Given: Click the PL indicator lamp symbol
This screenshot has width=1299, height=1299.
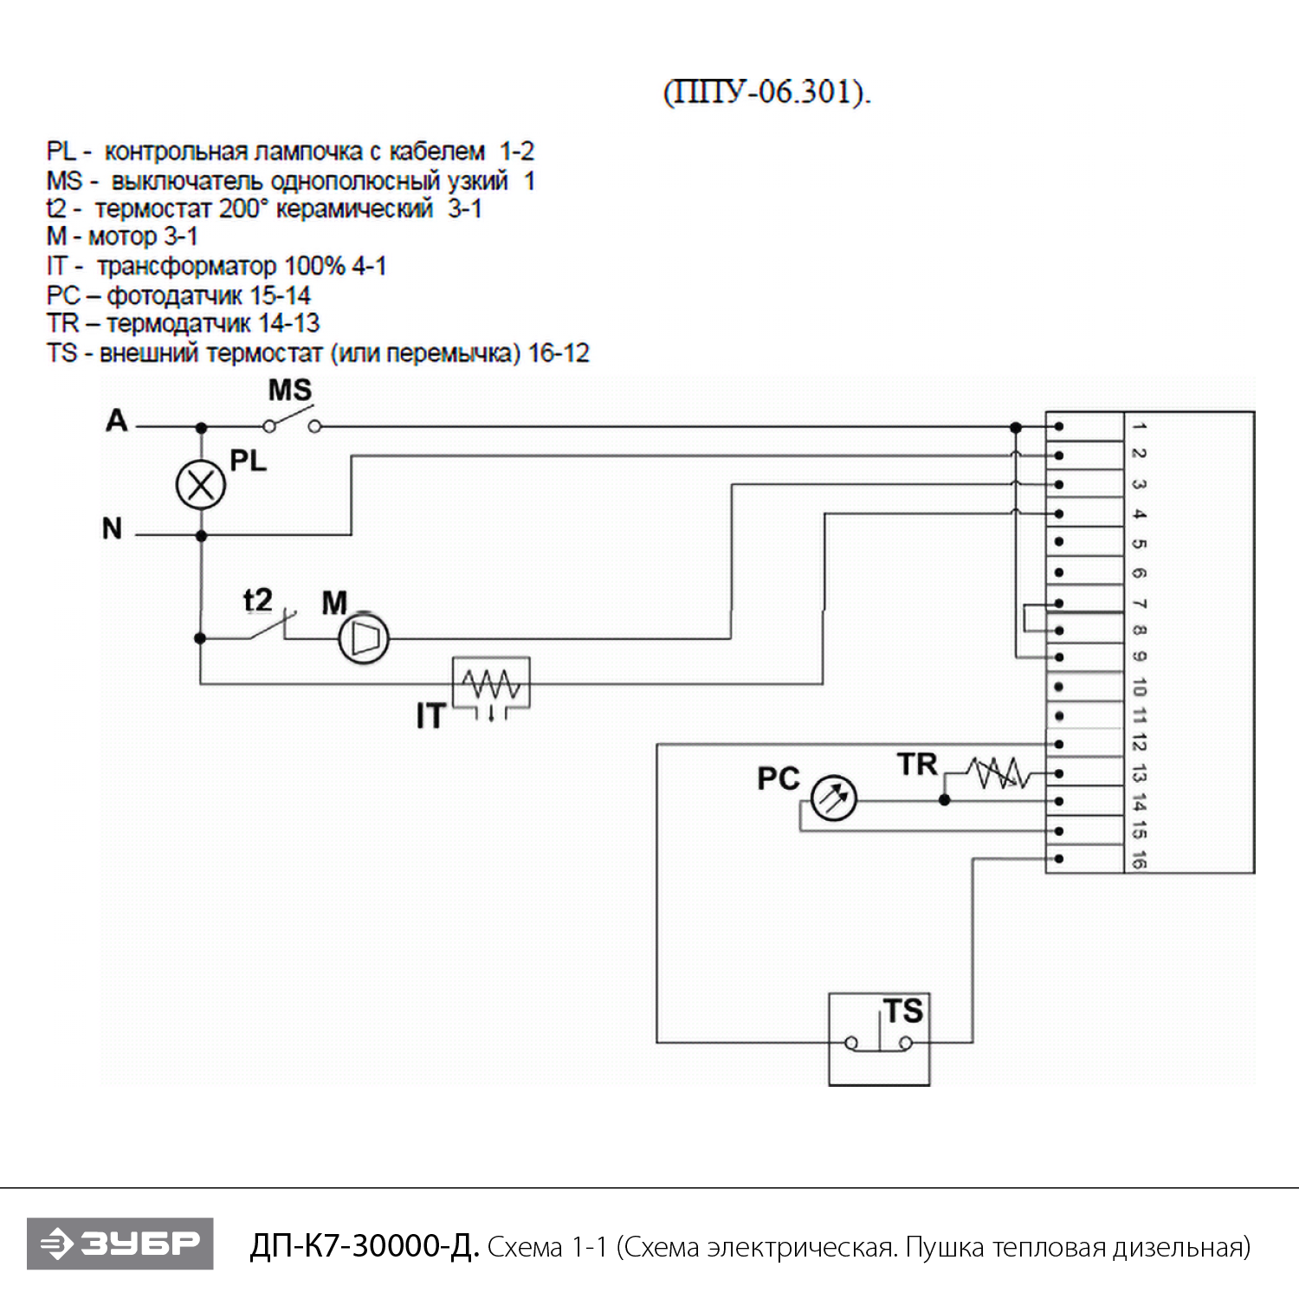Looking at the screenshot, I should pyautogui.click(x=201, y=485).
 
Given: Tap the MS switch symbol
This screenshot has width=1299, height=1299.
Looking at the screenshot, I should pyautogui.click(x=292, y=424).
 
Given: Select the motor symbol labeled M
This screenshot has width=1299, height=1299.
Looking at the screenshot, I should pyautogui.click(x=364, y=639).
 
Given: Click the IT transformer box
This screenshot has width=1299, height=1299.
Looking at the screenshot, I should pyautogui.click(x=491, y=684).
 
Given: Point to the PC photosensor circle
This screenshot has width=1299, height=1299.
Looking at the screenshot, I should pyautogui.click(x=833, y=798).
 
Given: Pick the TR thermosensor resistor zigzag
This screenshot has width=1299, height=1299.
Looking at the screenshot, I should pyautogui.click(x=998, y=772).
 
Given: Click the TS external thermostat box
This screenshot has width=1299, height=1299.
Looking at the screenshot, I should pyautogui.click(x=879, y=1039).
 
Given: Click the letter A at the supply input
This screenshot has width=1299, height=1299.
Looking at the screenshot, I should pyautogui.click(x=117, y=421).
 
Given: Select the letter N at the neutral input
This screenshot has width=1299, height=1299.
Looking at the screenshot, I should pyautogui.click(x=113, y=528).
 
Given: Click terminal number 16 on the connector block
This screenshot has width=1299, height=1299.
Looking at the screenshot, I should pyautogui.click(x=1139, y=860).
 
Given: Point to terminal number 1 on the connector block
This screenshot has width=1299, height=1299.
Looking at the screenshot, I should pyautogui.click(x=1139, y=426).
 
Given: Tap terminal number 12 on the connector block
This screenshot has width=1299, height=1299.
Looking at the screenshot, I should pyautogui.click(x=1139, y=743).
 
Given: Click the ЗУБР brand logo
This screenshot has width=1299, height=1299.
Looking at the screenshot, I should pyautogui.click(x=120, y=1244).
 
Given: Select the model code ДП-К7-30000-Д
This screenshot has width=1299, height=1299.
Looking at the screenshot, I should pyautogui.click(x=364, y=1246).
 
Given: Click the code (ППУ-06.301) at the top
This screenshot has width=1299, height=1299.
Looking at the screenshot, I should pyautogui.click(x=767, y=92).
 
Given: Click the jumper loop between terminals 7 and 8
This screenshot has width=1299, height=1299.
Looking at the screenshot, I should pyautogui.click(x=1027, y=617).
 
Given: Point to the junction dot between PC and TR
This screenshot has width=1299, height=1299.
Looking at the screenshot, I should pyautogui.click(x=945, y=799).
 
